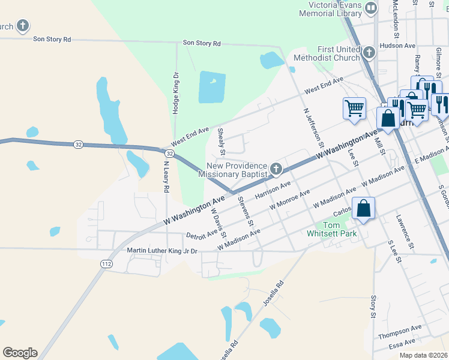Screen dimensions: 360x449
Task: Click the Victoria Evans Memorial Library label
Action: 330,9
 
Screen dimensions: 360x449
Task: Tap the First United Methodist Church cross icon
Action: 369,53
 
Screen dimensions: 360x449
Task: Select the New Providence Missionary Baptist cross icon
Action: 276,169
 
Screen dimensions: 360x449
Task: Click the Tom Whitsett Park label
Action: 331,229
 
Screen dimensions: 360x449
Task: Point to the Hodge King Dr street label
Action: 176,94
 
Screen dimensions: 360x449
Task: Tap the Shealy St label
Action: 221,140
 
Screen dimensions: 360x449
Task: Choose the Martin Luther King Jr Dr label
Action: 162,250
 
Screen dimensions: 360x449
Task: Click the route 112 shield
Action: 106,263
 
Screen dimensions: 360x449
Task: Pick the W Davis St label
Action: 218,219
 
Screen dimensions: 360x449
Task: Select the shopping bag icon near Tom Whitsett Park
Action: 363,209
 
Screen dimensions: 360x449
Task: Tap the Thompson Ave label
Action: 404,331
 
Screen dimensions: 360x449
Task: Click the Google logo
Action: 20,353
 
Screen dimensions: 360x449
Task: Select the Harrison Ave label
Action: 273,190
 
